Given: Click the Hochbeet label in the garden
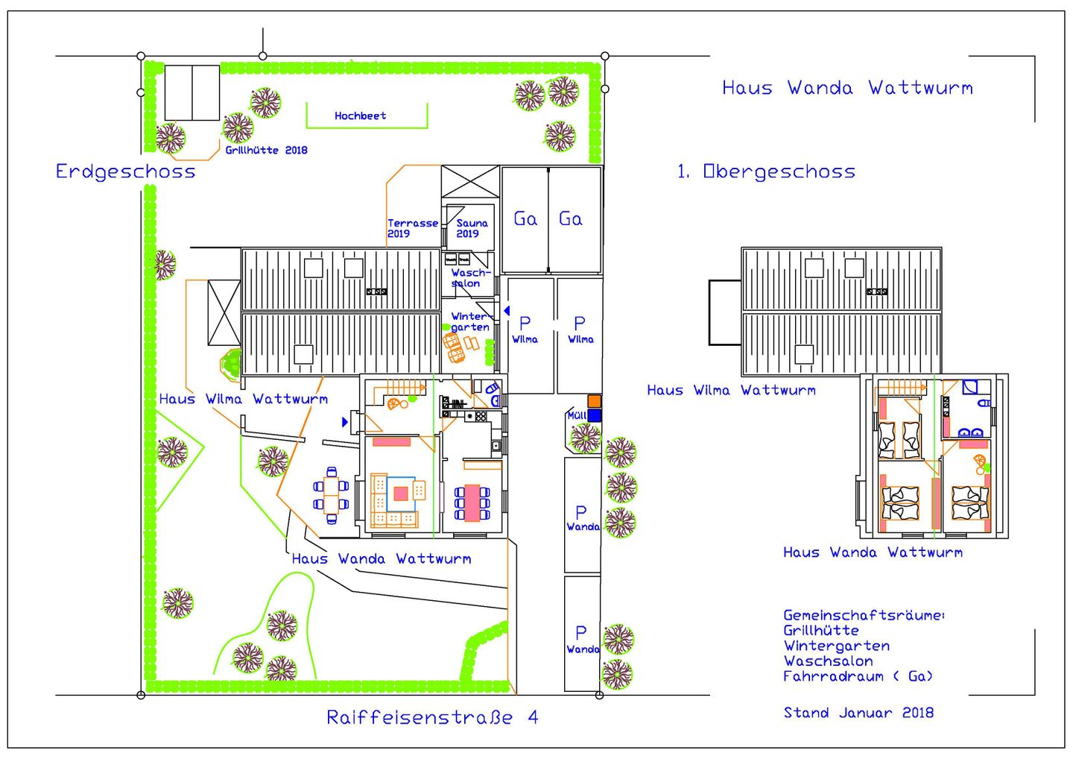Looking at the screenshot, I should (360, 116).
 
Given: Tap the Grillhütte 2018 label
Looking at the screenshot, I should (266, 150).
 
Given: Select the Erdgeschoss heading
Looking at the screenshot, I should (125, 171).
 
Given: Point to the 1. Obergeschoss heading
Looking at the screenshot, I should (766, 171).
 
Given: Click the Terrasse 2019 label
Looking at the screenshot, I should (412, 228).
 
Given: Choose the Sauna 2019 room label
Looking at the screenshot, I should (472, 228).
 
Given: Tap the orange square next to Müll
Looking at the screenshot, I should (594, 401).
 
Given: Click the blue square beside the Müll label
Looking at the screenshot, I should (594, 415).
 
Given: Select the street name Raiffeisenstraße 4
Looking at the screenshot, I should (432, 717).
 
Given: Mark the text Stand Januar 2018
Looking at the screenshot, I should (858, 713).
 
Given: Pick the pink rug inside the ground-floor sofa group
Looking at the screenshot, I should (401, 493).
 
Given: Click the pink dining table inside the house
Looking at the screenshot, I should (471, 503).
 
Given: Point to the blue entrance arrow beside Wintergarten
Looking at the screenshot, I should (507, 310).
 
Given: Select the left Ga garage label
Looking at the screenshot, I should (525, 219).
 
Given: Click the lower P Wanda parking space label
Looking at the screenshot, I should (582, 640).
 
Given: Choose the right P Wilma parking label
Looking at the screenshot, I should (580, 329).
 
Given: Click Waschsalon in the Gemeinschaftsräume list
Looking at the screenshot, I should (828, 661).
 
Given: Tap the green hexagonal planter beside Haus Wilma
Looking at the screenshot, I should (232, 364).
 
